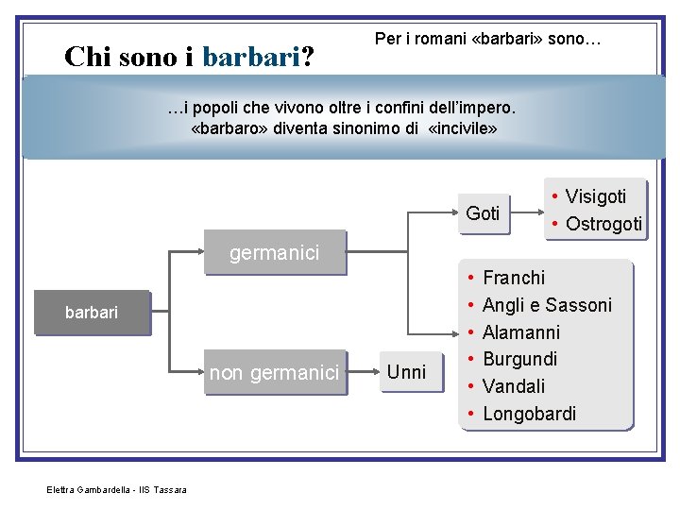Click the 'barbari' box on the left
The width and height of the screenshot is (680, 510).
pyautogui.click(x=92, y=313)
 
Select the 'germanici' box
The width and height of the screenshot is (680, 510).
pyautogui.click(x=275, y=252)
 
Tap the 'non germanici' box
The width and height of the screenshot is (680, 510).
pyautogui.click(x=274, y=373)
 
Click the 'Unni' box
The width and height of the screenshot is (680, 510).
pyautogui.click(x=407, y=372)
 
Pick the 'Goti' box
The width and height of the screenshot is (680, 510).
pyautogui.click(x=483, y=213)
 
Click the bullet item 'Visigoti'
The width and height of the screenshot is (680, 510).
pyautogui.click(x=595, y=196)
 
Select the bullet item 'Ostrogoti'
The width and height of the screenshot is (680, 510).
pyautogui.click(x=603, y=224)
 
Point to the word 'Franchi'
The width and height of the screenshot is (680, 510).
pyautogui.click(x=513, y=278)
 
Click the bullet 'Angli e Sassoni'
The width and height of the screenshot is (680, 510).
pyautogui.click(x=547, y=305)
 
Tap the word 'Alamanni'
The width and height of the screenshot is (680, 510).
pyautogui.click(x=520, y=332)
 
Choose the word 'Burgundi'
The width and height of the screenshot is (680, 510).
pyautogui.click(x=519, y=359)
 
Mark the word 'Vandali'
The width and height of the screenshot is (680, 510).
pyautogui.click(x=513, y=386)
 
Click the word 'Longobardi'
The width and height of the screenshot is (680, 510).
pyautogui.click(x=529, y=414)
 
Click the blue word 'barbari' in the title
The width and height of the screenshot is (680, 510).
pyautogui.click(x=251, y=57)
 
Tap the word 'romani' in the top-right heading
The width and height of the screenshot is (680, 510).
pyautogui.click(x=442, y=39)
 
